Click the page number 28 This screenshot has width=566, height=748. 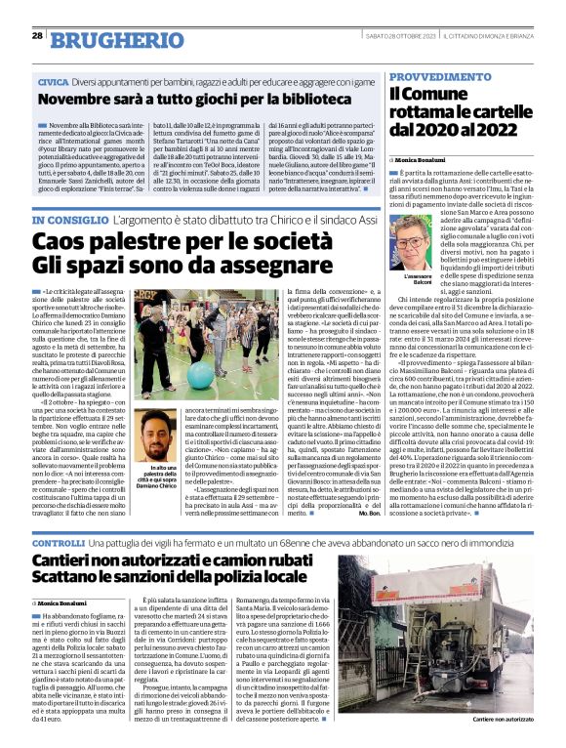pyautogui.click(x=37, y=35)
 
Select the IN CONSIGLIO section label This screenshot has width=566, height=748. pyautogui.click(x=71, y=223)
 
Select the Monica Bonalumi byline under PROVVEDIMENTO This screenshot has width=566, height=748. pyautogui.click(x=421, y=157)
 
